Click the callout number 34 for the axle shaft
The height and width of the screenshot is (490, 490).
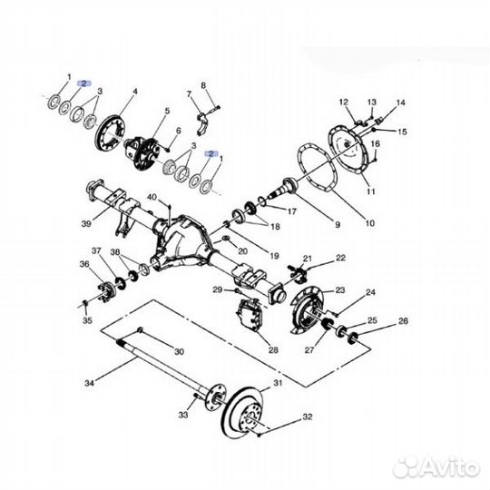click(89, 383)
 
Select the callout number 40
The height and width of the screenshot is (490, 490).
click(152, 197)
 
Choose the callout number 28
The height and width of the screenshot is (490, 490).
click(273, 349)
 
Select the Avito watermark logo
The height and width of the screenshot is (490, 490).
click(436, 468)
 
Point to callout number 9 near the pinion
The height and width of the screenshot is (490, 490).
click(338, 224)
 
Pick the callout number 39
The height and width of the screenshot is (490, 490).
click(86, 223)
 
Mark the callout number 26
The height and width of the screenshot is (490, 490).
click(403, 321)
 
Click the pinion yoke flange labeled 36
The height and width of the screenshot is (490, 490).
click(107, 289)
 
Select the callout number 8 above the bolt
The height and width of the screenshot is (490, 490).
click(203, 85)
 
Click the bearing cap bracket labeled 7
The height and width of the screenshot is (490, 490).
click(204, 123)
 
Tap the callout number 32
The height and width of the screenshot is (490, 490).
click(308, 416)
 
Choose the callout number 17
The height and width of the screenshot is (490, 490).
click(291, 211)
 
